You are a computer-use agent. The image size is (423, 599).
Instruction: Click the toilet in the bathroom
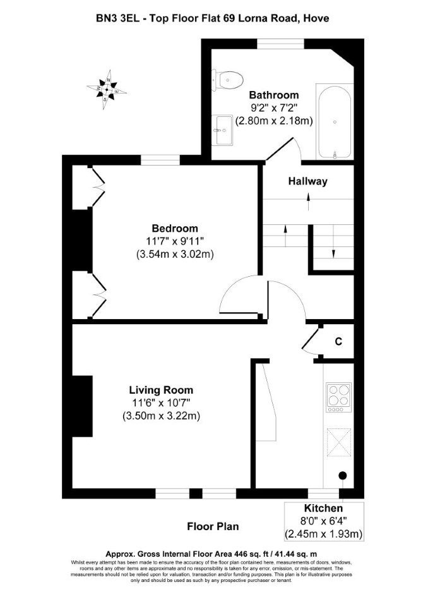[228, 80]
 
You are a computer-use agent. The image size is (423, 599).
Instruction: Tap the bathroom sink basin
[223, 130]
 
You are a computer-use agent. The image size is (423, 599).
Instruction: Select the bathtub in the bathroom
[335, 122]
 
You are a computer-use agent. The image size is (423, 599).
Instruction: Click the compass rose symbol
[107, 90]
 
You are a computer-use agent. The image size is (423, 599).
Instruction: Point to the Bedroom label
[175, 229]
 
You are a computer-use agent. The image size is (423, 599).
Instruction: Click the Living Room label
[161, 390]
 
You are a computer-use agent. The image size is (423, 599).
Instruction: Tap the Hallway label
[307, 181]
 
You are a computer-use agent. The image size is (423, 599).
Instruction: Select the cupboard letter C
[338, 342]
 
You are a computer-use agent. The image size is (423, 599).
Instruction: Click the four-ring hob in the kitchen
[338, 397]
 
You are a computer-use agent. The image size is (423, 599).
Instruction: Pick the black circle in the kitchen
[343, 476]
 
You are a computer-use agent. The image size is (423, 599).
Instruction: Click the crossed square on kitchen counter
[338, 442]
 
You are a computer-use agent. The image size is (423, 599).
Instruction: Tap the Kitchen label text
[323, 509]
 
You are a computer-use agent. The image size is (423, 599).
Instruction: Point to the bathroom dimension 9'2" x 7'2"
[274, 107]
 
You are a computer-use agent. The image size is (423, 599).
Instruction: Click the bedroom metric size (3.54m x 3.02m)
[175, 255]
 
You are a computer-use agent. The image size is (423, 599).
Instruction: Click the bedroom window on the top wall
[160, 160]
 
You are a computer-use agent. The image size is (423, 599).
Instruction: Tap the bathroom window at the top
[280, 44]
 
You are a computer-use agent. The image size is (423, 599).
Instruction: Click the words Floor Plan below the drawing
[213, 526]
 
